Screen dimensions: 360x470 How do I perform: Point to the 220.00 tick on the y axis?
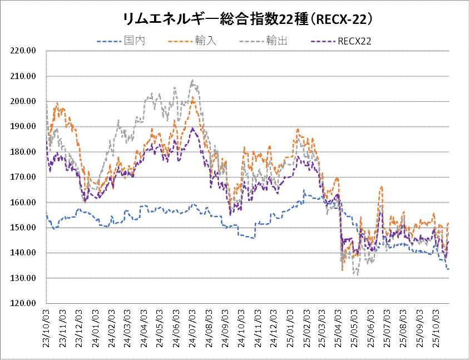[24, 51]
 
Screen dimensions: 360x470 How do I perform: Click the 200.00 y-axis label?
[24, 101]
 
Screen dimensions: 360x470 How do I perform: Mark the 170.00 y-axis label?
[24, 177]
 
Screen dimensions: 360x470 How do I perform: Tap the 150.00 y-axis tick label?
[24, 228]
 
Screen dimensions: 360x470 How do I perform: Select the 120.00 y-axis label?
[24, 303]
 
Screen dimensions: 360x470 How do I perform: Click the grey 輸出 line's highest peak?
[192, 80]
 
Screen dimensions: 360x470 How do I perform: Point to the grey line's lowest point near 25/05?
[356, 274]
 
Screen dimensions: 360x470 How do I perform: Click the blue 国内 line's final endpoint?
[448, 269]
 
